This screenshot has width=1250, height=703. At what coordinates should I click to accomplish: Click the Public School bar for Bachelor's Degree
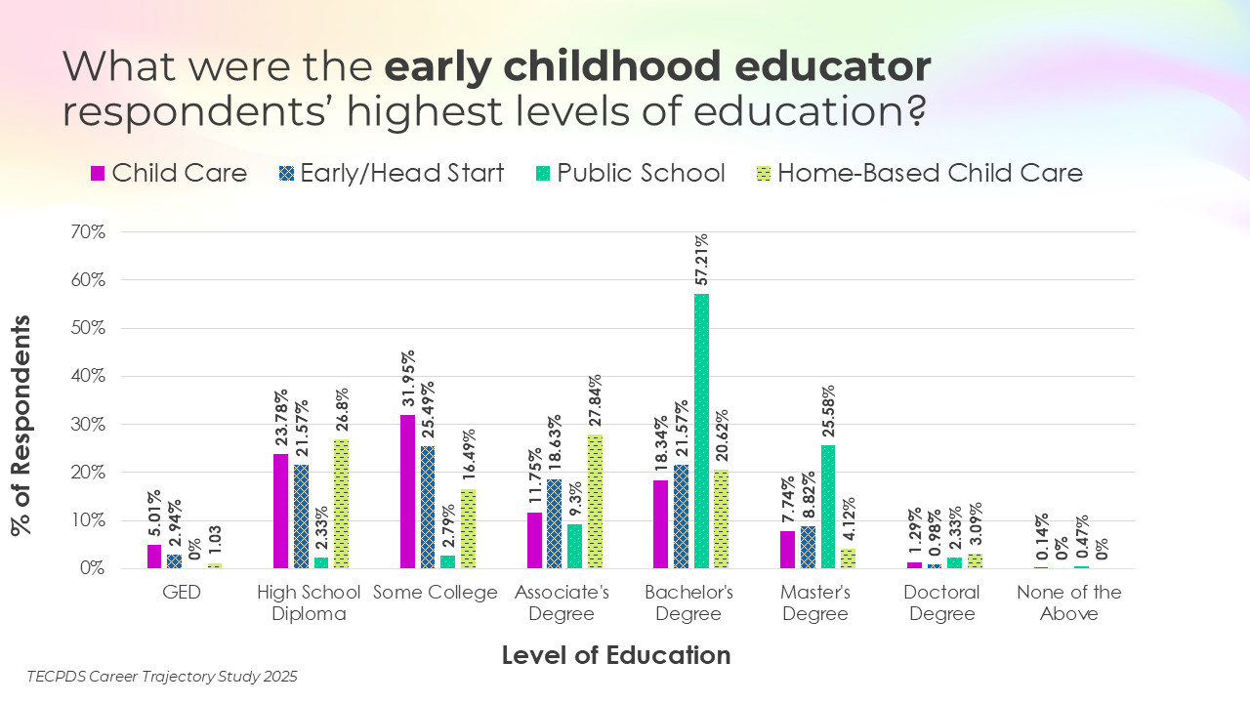[x=701, y=431]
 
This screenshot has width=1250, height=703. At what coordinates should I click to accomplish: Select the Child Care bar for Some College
[x=407, y=491]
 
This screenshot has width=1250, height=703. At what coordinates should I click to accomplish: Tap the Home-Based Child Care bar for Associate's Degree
[x=594, y=501]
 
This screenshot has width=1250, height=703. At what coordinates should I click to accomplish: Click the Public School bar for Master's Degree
[x=828, y=507]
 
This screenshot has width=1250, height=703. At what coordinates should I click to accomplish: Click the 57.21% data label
[x=701, y=262]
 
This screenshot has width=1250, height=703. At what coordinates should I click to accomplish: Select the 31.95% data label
[x=407, y=380]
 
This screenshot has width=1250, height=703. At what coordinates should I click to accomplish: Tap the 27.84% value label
[x=594, y=402]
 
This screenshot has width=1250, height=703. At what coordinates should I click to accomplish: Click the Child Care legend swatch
[x=98, y=174]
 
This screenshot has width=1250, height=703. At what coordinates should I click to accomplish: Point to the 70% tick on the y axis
[x=86, y=232]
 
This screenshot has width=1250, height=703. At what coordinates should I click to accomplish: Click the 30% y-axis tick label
[x=86, y=425]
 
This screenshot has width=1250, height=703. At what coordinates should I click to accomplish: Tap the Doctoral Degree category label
[x=939, y=603]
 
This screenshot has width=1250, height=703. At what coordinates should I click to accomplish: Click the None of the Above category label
[x=1068, y=603]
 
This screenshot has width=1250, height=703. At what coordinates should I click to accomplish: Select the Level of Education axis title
[x=616, y=655]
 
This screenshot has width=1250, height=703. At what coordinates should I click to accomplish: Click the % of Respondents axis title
[x=20, y=425]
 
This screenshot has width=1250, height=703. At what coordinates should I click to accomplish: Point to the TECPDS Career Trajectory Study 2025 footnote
[x=162, y=676]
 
